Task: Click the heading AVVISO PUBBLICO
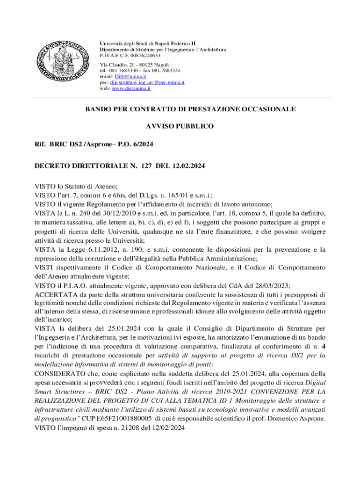[x=180, y=126]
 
